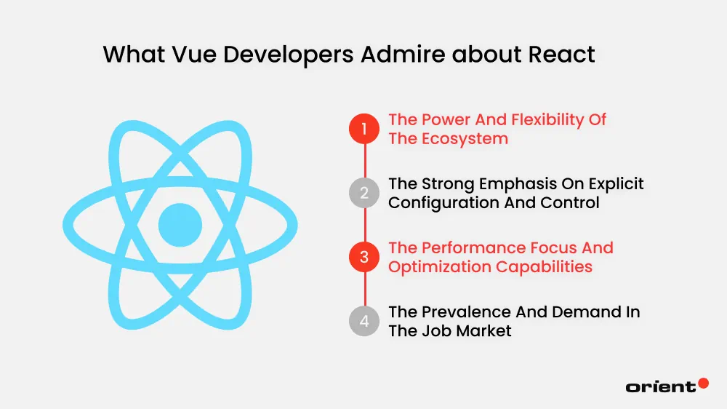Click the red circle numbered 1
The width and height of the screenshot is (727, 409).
pos(364,129)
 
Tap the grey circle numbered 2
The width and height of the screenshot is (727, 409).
pos(364,193)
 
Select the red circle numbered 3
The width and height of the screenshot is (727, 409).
pos(364,257)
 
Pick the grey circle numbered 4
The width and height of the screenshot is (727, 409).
pos(364,321)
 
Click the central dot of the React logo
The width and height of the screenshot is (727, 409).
pos(180,224)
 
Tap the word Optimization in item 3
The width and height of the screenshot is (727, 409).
pos(439,266)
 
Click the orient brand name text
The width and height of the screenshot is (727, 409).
pos(660,387)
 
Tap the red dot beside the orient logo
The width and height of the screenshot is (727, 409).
pos(703,383)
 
